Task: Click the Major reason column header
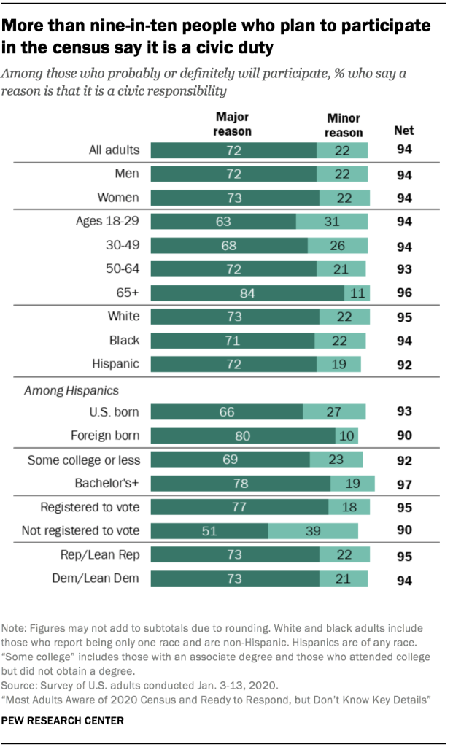[x=232, y=125]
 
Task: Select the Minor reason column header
[x=344, y=125]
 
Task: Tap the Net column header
[x=403, y=131]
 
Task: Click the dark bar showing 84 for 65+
[x=247, y=293]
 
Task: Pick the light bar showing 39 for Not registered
[x=313, y=530]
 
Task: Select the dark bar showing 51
[x=209, y=530]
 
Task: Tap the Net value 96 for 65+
[x=403, y=294]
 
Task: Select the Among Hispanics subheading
[x=61, y=391]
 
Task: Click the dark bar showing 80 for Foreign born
[x=242, y=436]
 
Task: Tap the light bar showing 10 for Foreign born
[x=346, y=436]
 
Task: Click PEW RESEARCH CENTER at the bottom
[x=63, y=721]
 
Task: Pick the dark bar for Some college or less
[x=230, y=460]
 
